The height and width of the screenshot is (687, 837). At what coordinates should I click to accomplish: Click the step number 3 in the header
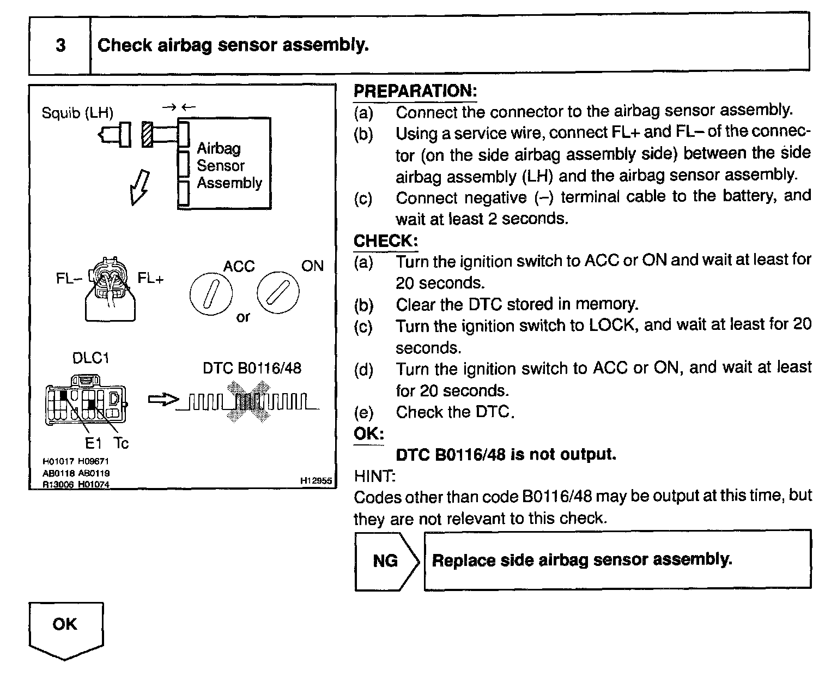[60, 45]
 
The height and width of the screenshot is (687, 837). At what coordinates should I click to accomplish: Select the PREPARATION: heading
[415, 91]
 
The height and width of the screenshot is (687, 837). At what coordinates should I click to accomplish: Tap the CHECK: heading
[385, 240]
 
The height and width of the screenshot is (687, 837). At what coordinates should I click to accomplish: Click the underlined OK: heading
[369, 434]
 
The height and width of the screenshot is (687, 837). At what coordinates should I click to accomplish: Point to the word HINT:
[374, 476]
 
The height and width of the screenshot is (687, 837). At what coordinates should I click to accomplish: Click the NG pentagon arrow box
[386, 561]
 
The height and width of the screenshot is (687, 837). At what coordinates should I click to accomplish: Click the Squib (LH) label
[77, 113]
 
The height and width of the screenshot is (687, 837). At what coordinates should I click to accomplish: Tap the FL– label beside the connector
[69, 279]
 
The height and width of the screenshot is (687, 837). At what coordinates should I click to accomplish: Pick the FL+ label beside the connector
[150, 279]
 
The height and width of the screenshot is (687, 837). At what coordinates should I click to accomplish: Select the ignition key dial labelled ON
[278, 293]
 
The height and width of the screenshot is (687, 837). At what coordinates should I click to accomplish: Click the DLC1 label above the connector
[90, 358]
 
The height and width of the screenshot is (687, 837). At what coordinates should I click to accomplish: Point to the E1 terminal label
[93, 443]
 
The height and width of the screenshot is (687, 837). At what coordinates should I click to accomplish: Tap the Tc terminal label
[121, 443]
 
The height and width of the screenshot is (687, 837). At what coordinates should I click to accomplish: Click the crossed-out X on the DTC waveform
[248, 402]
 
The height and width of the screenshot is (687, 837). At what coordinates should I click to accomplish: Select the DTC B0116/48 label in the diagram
[251, 368]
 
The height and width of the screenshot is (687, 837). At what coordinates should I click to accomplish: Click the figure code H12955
[316, 481]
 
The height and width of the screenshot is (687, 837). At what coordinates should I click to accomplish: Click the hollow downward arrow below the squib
[138, 186]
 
